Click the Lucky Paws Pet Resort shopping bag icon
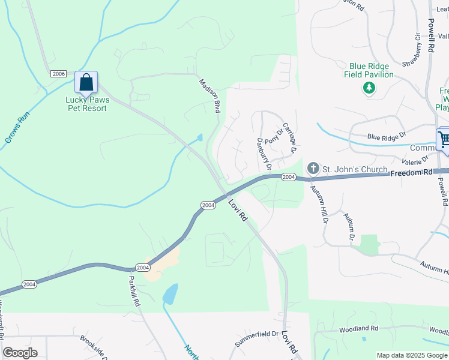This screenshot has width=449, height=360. click(x=86, y=83)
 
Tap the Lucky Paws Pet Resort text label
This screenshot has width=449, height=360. click(x=86, y=104)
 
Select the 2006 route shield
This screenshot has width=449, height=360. click(x=58, y=74)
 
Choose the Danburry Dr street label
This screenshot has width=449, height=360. click(x=265, y=154)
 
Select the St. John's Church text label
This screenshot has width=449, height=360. click(x=355, y=170)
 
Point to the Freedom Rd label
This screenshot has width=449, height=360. click(x=411, y=173)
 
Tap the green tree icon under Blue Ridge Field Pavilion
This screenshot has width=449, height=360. click(x=369, y=89)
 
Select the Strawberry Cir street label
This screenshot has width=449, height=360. click(x=414, y=50)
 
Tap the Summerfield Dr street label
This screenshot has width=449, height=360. click(x=256, y=338)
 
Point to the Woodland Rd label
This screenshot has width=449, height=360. click(x=358, y=329)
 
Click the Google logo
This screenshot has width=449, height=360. click(x=20, y=353)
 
